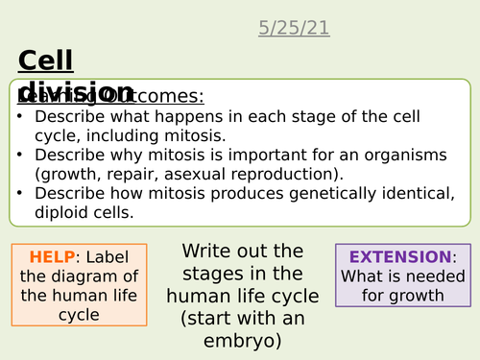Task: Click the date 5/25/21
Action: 294,28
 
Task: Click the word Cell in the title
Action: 45,61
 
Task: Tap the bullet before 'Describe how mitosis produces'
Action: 20,193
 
